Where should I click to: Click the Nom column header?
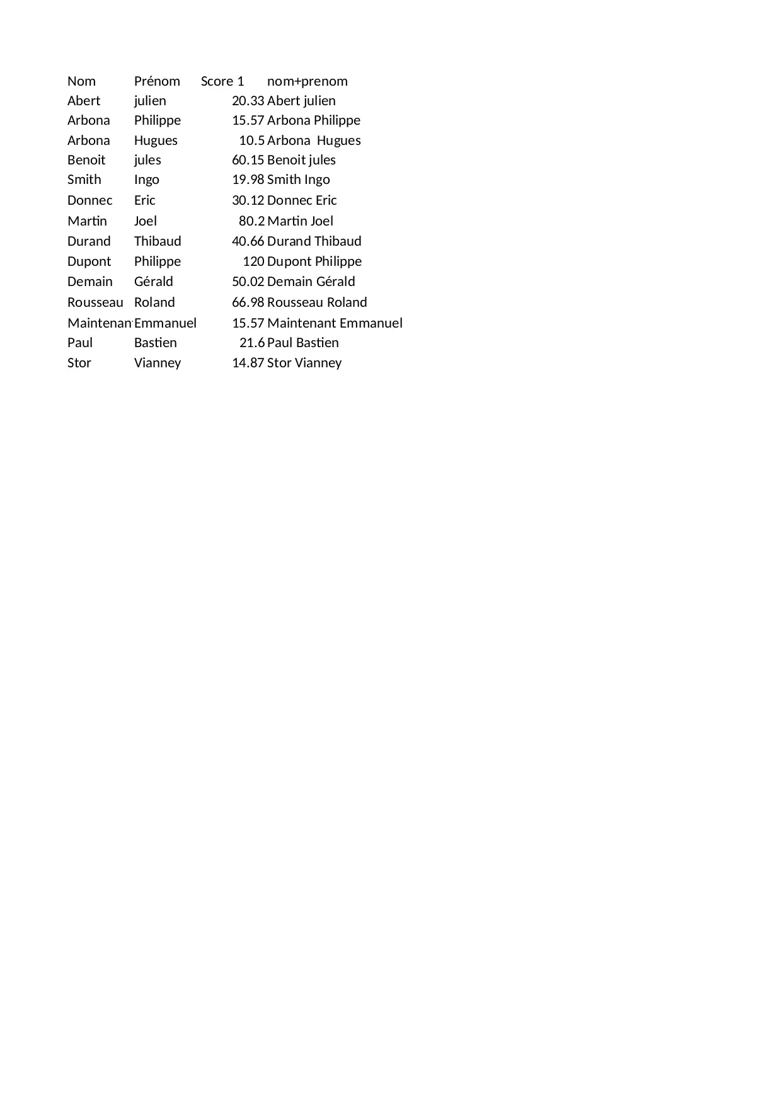tap(81, 81)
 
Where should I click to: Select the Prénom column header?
tap(157, 81)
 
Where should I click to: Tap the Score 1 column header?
tap(222, 81)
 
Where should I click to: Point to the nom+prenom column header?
tap(308, 81)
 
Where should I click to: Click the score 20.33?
tap(248, 101)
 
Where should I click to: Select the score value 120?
tap(253, 261)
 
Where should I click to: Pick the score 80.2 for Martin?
tap(251, 221)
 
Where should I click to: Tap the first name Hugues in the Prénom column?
tap(156, 140)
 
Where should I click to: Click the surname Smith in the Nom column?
tap(84, 180)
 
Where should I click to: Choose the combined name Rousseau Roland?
tap(317, 302)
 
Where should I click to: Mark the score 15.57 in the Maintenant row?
tap(248, 323)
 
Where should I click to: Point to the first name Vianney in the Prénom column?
tap(158, 363)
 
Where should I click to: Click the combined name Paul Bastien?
tap(303, 343)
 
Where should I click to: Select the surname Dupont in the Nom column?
tap(89, 261)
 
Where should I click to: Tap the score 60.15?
tap(248, 160)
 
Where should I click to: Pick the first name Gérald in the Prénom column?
tap(154, 282)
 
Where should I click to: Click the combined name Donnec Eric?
tap(302, 200)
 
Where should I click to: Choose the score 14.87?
tap(248, 363)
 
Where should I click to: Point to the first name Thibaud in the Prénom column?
tap(158, 241)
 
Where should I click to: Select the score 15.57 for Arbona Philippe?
tap(248, 120)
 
